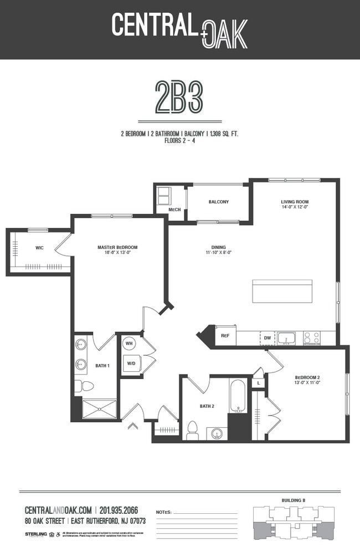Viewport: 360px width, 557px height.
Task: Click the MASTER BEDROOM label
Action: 117,247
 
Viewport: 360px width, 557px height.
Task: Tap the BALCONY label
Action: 219,202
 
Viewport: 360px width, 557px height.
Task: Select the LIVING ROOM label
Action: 295,202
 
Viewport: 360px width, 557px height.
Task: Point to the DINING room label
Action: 218,248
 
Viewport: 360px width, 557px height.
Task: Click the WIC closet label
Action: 39,248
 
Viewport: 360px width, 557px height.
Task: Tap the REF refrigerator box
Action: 225,336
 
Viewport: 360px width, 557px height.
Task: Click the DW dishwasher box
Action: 267,338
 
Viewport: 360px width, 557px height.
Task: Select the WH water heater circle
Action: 129,344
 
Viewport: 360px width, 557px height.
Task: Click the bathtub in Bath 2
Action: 238,396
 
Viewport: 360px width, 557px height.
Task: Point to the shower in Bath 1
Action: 100,409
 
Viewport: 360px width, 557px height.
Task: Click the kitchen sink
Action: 286,338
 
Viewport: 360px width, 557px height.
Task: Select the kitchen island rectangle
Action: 281,291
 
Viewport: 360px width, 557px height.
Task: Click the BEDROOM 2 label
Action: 307,378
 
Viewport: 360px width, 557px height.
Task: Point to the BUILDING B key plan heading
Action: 293,500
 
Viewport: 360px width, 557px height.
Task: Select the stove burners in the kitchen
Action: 312,338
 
